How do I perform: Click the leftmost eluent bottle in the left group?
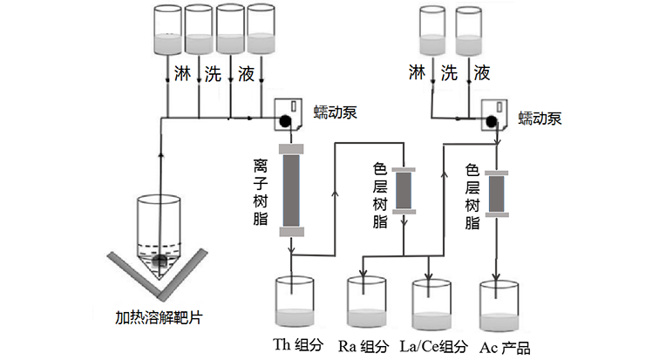point(166,29)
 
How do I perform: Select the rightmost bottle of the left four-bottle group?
point(261,29)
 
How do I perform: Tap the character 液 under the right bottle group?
point(482,73)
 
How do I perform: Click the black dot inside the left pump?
point(284,121)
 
